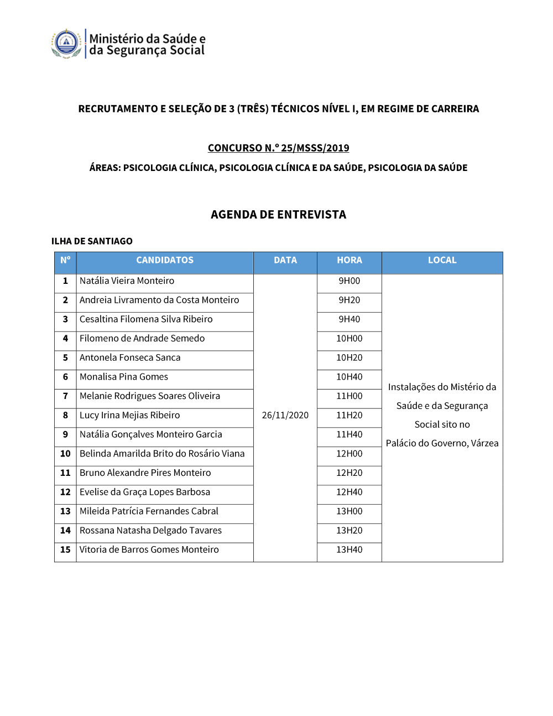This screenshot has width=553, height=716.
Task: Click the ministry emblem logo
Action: [66, 43]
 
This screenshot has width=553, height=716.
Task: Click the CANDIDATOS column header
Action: [165, 260]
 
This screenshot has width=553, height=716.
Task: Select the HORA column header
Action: [349, 260]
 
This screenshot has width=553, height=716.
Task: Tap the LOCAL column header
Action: [442, 260]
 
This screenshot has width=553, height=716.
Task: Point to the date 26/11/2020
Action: [285, 415]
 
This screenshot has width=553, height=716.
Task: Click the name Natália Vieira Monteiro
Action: [127, 281]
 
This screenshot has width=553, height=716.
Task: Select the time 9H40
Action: [349, 319]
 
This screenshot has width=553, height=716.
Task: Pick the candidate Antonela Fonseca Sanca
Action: [130, 357]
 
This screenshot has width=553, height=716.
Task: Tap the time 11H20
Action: [349, 415]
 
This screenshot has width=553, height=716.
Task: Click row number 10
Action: [65, 454]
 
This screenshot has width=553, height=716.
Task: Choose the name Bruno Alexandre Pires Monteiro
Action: [145, 473]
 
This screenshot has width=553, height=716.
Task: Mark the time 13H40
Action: [349, 549]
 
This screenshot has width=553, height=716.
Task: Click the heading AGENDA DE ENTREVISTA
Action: [278, 215]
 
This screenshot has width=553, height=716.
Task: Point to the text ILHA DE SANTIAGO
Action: [92, 241]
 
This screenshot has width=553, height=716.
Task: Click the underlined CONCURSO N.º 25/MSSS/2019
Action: [278, 148]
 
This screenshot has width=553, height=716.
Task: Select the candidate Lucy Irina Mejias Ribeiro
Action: [130, 415]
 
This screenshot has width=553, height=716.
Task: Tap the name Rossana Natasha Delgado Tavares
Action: [150, 530]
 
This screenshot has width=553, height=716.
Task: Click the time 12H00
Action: [349, 454]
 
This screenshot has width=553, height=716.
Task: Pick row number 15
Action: [65, 549]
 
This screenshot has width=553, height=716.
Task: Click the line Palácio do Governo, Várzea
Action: [442, 443]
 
